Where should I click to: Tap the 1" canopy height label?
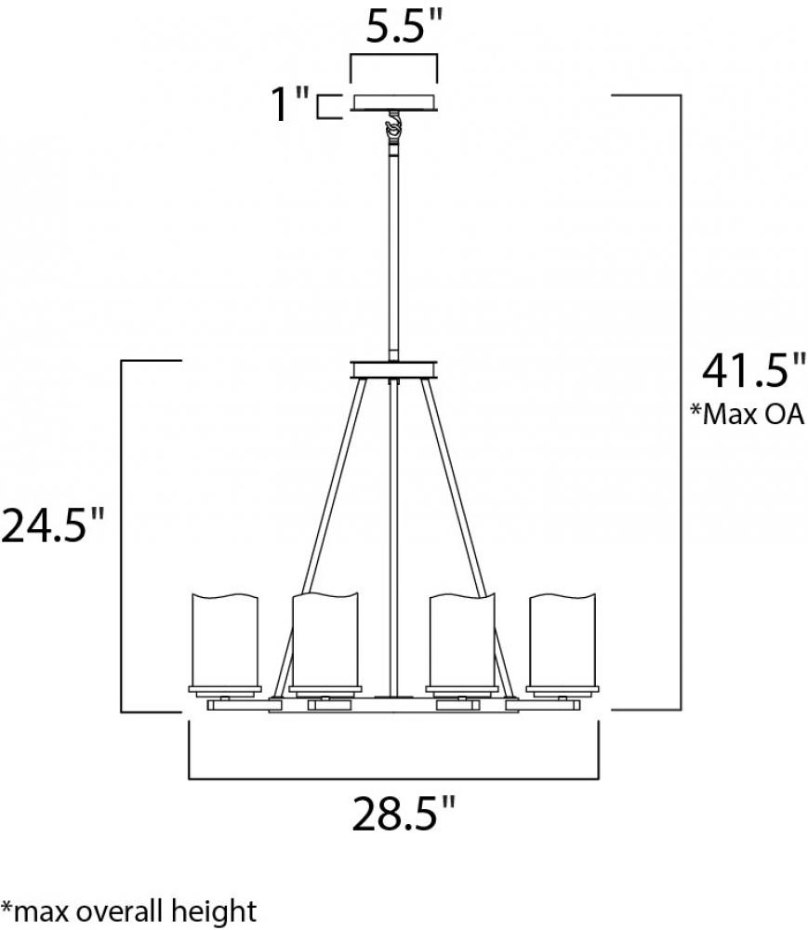pyautogui.click(x=290, y=104)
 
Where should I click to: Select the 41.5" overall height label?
pyautogui.click(x=753, y=371)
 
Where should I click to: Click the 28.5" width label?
pyautogui.click(x=404, y=814)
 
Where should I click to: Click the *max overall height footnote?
pyautogui.click(x=128, y=911)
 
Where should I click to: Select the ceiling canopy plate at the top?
pyautogui.click(x=394, y=102)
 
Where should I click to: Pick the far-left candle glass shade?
pyautogui.click(x=225, y=640)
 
